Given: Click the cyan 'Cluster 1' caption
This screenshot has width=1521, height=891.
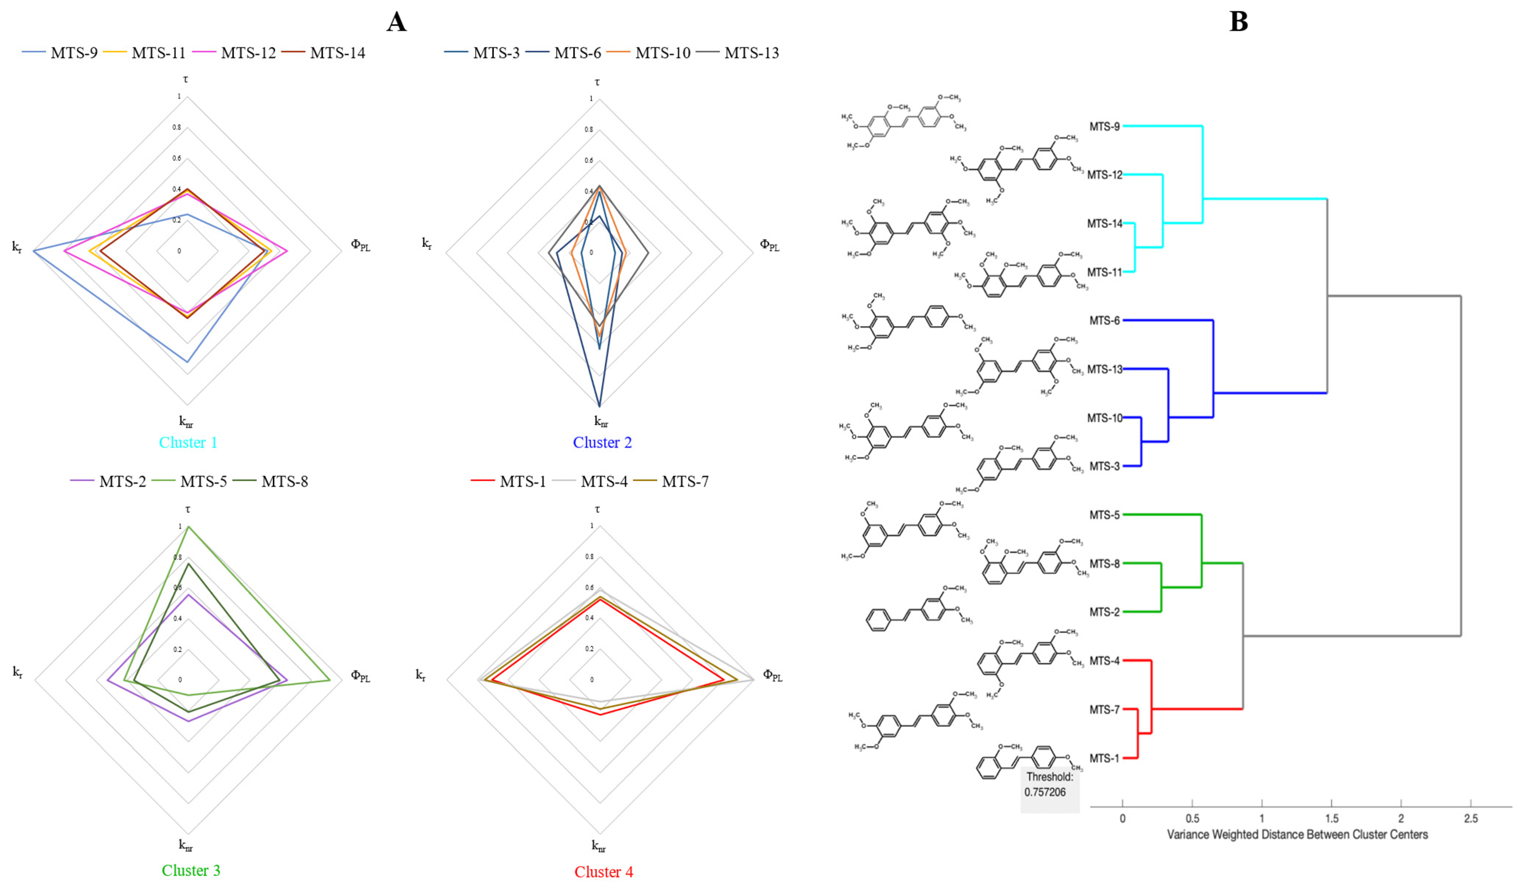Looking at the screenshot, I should pyautogui.click(x=188, y=442).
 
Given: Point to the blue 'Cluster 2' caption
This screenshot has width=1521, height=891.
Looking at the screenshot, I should pyautogui.click(x=602, y=442).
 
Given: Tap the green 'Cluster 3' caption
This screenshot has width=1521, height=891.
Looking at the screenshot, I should pyautogui.click(x=191, y=870).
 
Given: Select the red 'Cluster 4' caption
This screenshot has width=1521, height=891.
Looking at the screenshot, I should pyautogui.click(x=603, y=872).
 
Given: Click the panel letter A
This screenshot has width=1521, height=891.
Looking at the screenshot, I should pyautogui.click(x=397, y=22).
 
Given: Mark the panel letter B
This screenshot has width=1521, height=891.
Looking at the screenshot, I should pyautogui.click(x=1239, y=22).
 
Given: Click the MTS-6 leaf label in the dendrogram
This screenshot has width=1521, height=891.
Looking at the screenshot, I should pyautogui.click(x=1105, y=320).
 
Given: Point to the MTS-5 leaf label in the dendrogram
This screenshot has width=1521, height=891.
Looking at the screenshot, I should pyautogui.click(x=1105, y=515).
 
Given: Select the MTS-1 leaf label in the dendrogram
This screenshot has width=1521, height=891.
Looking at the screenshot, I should pyautogui.click(x=1105, y=758).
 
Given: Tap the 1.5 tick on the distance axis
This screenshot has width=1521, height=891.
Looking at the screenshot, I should pyautogui.click(x=1331, y=818).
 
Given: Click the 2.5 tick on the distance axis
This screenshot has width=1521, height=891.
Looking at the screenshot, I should pyautogui.click(x=1471, y=818).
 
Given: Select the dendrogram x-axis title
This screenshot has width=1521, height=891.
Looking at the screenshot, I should pyautogui.click(x=1297, y=835).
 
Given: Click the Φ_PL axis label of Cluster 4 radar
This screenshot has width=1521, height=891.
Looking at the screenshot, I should pyautogui.click(x=772, y=676).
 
